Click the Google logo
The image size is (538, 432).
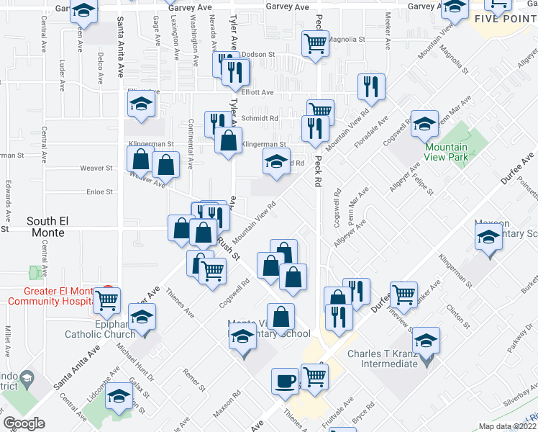(x=24, y=423)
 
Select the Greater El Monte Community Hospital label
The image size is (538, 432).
(x=50, y=297)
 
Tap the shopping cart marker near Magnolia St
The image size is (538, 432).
(x=315, y=43)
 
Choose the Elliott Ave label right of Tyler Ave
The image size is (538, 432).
(x=257, y=92)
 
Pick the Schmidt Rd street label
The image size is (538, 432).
(x=265, y=118)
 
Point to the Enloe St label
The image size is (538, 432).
(x=99, y=192)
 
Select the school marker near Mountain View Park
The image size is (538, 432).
(x=424, y=123)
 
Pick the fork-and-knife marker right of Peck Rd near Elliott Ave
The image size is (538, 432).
(x=371, y=86)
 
